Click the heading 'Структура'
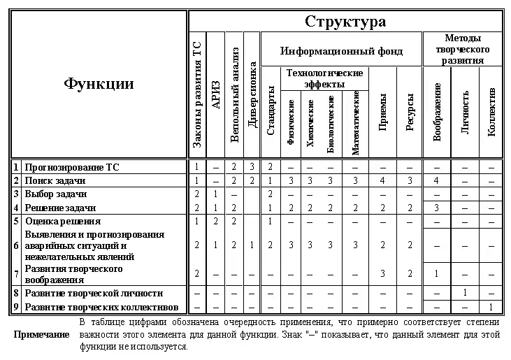pyautogui.click(x=345, y=21)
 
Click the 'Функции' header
pyautogui.click(x=99, y=84)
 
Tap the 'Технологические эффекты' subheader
pyautogui.click(x=324, y=78)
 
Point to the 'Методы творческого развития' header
pyautogui.click(x=462, y=49)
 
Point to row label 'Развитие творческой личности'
pyautogui.click(x=94, y=294)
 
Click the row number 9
pyautogui.click(x=15, y=307)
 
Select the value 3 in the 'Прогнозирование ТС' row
pyautogui.click(x=252, y=167)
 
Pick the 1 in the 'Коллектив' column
pyautogui.click(x=491, y=307)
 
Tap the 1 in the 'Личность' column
pyautogui.click(x=465, y=294)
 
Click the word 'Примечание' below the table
pyautogui.click(x=41, y=335)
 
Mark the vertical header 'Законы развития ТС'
pyautogui.click(x=197, y=94)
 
